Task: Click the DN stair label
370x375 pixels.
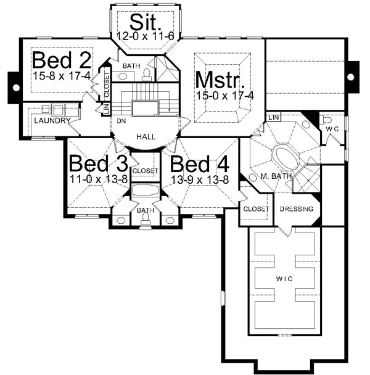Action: tap(121, 122)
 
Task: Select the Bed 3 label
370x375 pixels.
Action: tap(98, 165)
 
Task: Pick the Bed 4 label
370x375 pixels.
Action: tap(200, 165)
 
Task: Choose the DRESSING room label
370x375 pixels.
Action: tap(297, 209)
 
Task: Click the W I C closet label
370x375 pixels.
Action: tap(284, 277)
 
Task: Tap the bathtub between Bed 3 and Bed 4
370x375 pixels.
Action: tap(146, 191)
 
